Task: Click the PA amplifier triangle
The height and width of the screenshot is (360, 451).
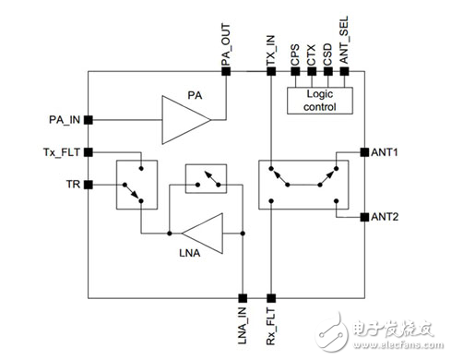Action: pyautogui.click(x=184, y=119)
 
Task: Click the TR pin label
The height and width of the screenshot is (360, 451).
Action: pyautogui.click(x=72, y=184)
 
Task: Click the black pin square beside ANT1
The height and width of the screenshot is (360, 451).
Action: pyautogui.click(x=362, y=151)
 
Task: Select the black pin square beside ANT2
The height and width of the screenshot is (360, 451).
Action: pyautogui.click(x=362, y=217)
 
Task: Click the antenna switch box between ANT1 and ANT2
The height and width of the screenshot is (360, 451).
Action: pyautogui.click(x=303, y=181)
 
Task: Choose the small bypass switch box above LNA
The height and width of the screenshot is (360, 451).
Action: pyautogui.click(x=204, y=179)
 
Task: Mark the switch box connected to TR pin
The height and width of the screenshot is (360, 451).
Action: pyautogui.click(x=134, y=183)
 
